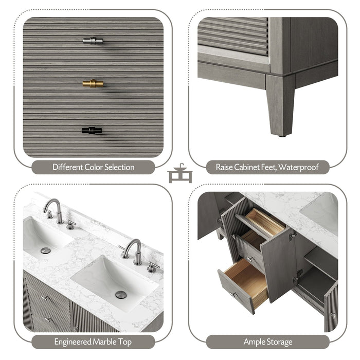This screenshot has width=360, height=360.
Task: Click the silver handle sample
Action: [93, 40]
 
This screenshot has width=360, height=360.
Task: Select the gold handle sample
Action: [93, 83]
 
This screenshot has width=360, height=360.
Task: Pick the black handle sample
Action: [92, 131]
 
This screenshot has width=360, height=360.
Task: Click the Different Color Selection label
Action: [93, 167]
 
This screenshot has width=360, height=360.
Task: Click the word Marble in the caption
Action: [104, 341]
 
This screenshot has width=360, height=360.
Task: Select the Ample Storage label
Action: [267, 341]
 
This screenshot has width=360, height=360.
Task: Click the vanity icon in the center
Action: [180, 173]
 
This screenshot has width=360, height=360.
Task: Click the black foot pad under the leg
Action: [281, 136]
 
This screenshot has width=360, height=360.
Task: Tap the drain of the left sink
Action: [45, 250]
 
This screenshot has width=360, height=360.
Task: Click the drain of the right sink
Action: [121, 295]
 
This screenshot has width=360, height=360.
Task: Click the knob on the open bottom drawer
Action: [233, 294]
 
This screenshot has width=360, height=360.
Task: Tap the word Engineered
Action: [73, 341]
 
